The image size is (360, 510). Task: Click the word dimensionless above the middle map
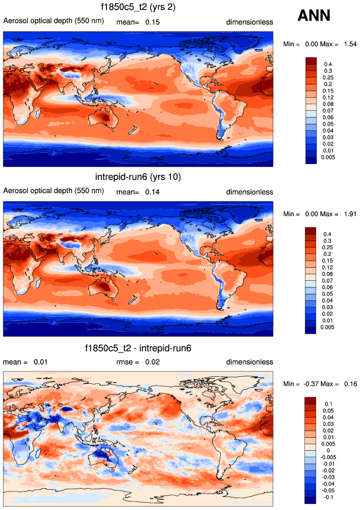(249, 192)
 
